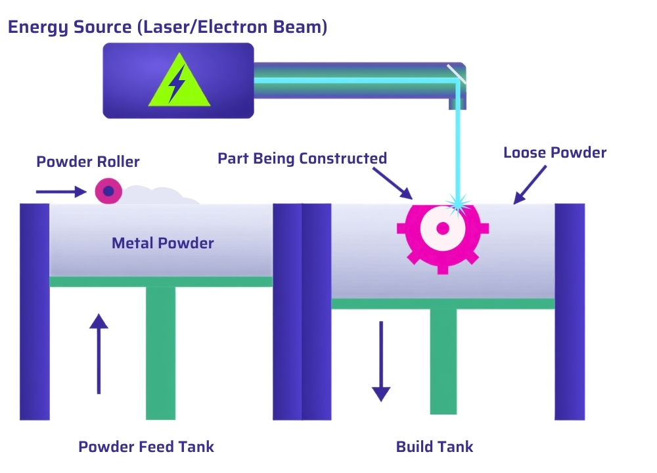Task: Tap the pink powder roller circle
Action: [x=108, y=191]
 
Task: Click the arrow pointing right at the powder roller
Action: [x=61, y=192]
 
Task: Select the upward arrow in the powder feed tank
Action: [x=99, y=353]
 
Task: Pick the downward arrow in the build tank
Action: [x=381, y=361]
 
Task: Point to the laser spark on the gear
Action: [x=458, y=204]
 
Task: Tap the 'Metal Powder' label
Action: [x=162, y=243]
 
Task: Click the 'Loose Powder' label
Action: [x=555, y=152]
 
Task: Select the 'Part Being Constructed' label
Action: [x=302, y=158]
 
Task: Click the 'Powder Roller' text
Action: [x=88, y=162]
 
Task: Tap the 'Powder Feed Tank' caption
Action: [x=147, y=447]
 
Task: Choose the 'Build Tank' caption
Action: [x=434, y=447]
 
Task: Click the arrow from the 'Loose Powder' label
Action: [x=530, y=185]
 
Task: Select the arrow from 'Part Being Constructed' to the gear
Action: [x=393, y=183]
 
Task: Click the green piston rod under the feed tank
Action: [x=160, y=353]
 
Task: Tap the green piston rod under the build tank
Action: [x=443, y=361]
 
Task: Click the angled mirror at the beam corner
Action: [x=457, y=74]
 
